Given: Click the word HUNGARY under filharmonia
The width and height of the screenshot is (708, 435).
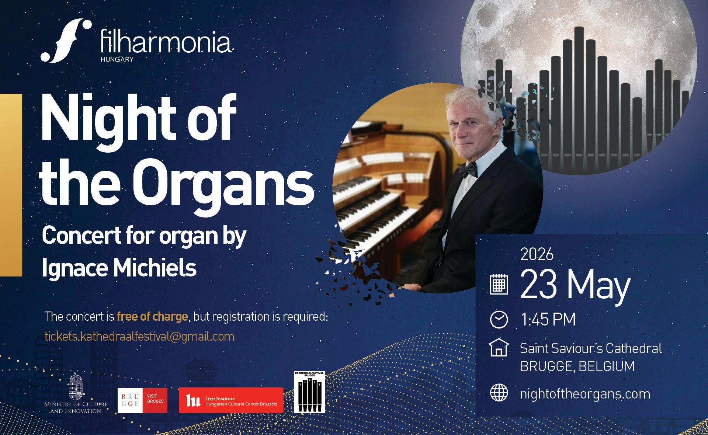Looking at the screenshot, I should [x=117, y=59].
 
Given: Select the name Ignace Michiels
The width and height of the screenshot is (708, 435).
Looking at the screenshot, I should [x=119, y=268].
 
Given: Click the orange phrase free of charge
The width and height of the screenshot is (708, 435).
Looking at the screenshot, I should [x=152, y=317].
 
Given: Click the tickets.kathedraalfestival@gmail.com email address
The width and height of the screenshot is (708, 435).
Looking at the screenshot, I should [x=139, y=337].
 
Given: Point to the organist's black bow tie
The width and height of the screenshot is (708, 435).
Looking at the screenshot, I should [x=468, y=170].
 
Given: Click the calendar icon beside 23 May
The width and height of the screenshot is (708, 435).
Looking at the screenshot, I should [x=499, y=285].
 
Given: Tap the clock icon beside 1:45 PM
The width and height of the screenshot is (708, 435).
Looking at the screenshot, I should [x=499, y=319].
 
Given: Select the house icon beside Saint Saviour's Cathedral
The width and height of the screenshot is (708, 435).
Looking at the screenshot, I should [x=499, y=348].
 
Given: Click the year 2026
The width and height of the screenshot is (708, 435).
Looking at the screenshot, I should [x=537, y=255].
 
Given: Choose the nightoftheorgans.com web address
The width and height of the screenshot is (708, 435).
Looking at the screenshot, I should [x=585, y=394].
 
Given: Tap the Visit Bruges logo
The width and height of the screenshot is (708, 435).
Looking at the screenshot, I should [x=142, y=400].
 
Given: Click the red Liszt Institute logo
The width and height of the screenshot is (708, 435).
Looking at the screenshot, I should [x=231, y=400].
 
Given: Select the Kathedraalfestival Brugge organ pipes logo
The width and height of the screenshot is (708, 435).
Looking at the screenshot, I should [x=309, y=392].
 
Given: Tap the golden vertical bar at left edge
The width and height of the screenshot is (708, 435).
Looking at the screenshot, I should [x=11, y=184].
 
